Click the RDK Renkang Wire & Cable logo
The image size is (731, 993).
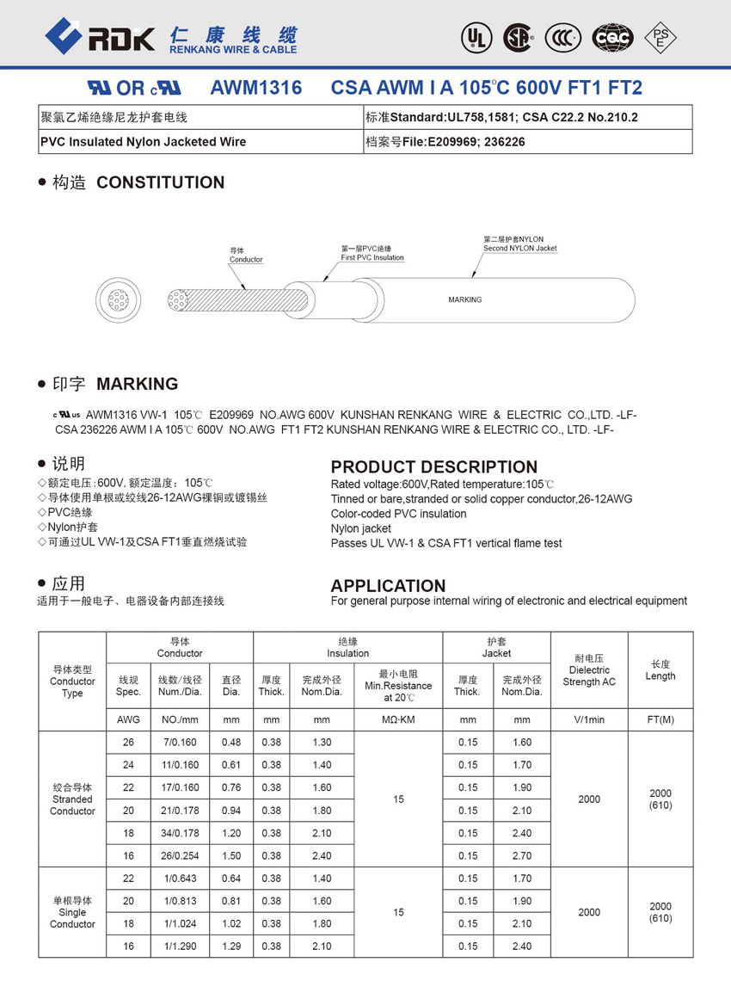171,38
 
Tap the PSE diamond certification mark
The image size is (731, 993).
660,37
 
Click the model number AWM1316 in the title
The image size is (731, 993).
255,88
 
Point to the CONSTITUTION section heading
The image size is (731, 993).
160,182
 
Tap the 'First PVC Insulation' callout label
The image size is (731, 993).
372,253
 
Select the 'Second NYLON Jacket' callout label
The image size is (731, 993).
519,244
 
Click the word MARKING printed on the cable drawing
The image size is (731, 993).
465,300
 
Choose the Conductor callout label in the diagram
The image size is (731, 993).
246,255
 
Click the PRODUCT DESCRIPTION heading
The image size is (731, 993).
434,467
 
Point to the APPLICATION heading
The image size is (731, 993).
388,585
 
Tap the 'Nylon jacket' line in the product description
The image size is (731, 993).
361,528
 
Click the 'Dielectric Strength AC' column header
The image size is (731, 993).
589,676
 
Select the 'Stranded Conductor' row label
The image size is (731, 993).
72,799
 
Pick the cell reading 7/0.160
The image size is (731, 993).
180,743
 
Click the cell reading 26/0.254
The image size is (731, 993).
180,856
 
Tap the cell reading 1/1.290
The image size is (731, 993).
180,947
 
